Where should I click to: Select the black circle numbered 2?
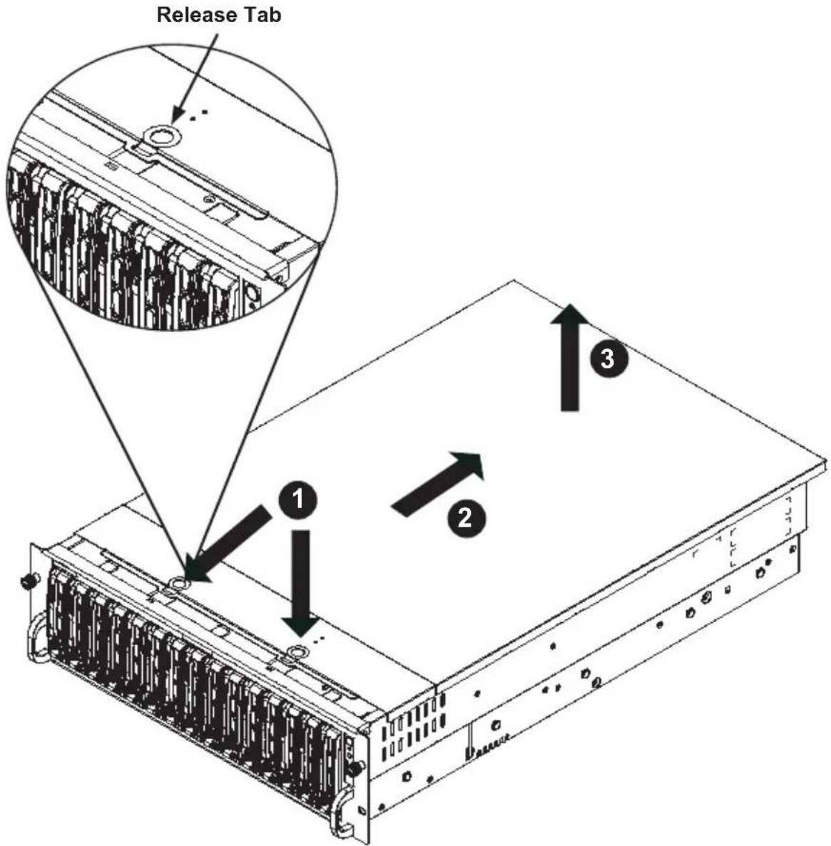point(466,518)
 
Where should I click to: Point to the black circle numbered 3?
point(608,358)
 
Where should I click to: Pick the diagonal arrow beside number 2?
point(437,484)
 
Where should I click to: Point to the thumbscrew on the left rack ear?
point(26,582)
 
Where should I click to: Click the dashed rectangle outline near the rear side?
point(734,547)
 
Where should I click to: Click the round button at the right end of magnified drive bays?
point(253,294)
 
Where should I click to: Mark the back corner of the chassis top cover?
point(514,280)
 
